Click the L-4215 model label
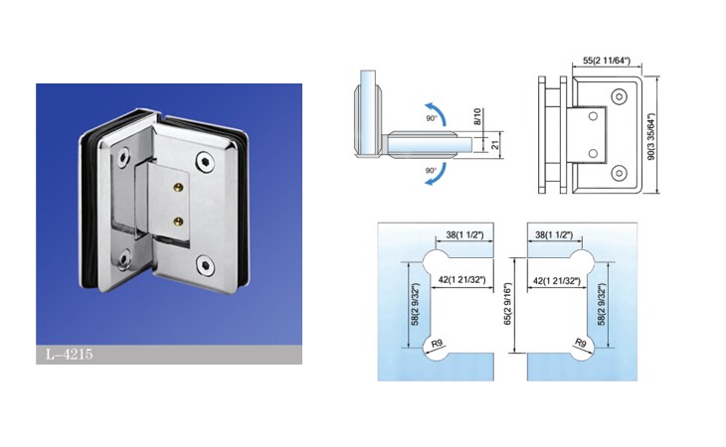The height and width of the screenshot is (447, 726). click(x=69, y=355)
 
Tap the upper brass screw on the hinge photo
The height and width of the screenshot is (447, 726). click(x=178, y=187)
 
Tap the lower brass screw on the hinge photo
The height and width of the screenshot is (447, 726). click(x=178, y=222)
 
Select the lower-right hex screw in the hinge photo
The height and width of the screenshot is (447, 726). click(x=205, y=264)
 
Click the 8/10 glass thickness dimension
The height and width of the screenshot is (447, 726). click(x=477, y=116)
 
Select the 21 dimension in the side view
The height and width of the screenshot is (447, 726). click(x=495, y=145)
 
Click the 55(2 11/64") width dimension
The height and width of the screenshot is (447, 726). click(x=607, y=61)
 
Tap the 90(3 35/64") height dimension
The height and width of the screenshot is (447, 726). click(x=652, y=136)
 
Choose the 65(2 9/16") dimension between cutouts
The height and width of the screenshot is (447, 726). click(x=508, y=304)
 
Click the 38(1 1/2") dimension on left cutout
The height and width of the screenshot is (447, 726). click(x=464, y=234)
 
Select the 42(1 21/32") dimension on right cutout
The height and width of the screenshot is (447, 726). click(x=557, y=280)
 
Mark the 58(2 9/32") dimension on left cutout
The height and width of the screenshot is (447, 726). click(x=416, y=304)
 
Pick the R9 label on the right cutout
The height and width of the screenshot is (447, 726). click(x=581, y=343)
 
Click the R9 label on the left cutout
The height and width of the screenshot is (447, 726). click(x=437, y=344)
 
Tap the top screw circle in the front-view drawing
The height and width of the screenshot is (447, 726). click(x=619, y=97)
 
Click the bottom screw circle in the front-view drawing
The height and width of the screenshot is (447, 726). click(x=619, y=174)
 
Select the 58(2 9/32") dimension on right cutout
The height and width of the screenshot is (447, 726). click(x=602, y=304)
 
